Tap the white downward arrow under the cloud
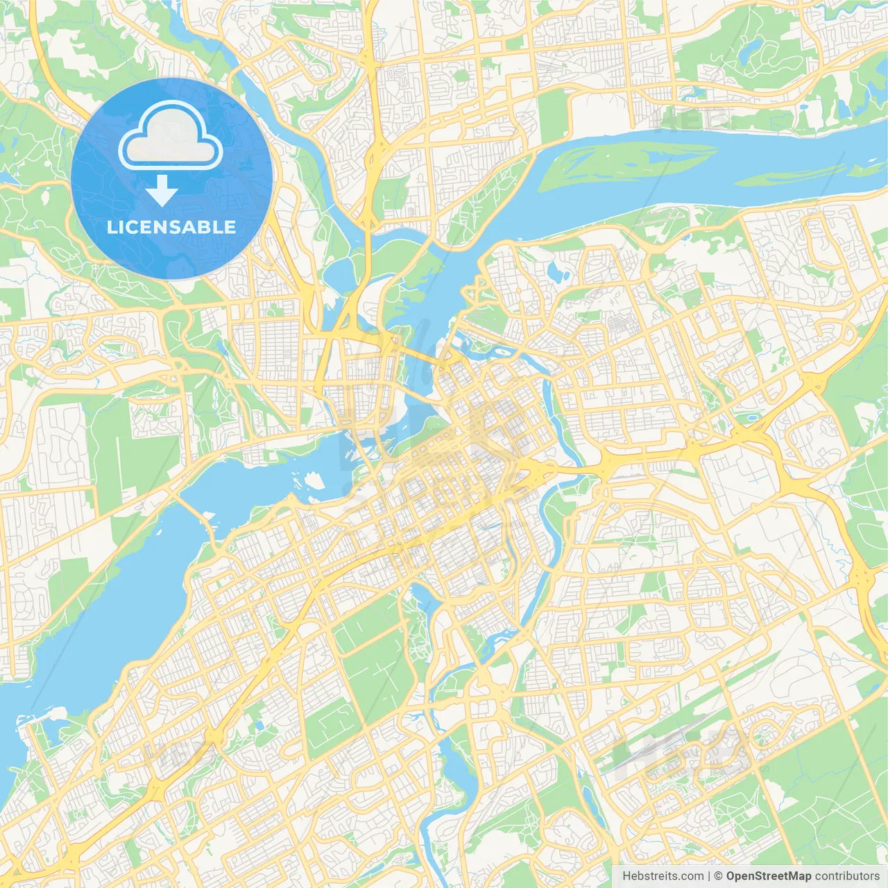(162, 191)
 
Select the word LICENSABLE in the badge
(171, 227)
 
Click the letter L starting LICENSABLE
(111, 227)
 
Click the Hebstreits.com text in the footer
(663, 876)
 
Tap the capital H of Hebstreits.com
(626, 876)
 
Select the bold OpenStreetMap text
(769, 876)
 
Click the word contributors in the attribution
(847, 876)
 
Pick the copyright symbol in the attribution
(719, 876)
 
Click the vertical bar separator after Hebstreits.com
(709, 876)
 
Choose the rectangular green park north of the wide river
(553, 114)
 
